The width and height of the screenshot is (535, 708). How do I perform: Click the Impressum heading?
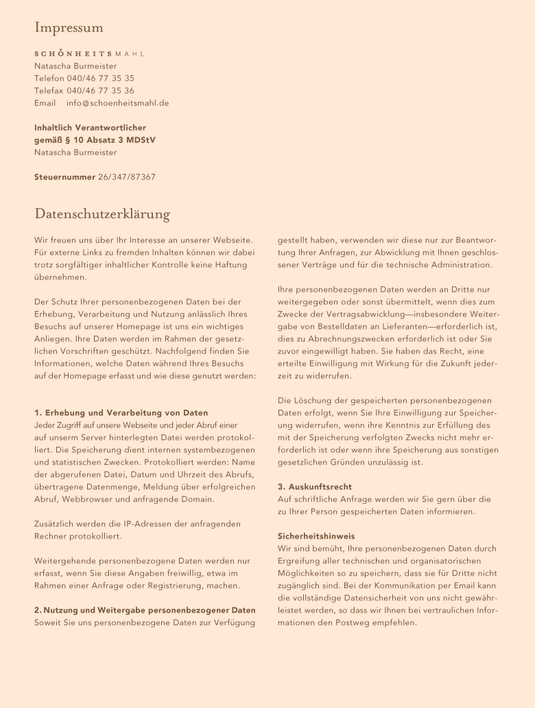point(69,28)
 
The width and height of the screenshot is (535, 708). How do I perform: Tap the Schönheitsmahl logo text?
point(90,53)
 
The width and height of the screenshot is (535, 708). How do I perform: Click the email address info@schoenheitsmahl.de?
point(117,103)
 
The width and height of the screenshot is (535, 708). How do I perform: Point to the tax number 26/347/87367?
point(127,177)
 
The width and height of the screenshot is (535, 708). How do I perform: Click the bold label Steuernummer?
point(64,177)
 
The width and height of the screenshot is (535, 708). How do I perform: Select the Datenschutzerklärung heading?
point(102,215)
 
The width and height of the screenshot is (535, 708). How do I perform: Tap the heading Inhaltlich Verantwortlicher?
point(90,127)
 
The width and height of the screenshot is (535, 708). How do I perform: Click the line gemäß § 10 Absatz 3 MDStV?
point(95,140)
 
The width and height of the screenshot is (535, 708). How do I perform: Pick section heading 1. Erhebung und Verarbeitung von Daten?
point(121,413)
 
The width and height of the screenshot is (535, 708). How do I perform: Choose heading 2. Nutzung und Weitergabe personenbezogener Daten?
point(145,610)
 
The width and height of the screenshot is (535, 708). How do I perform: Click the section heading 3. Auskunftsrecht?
point(315,487)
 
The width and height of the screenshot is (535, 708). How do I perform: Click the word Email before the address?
point(45,103)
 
